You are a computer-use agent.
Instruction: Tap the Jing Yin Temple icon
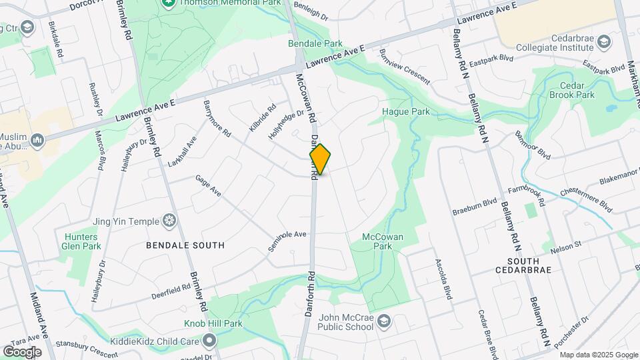click(x=170, y=221)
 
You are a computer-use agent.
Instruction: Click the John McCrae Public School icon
click(x=384, y=322)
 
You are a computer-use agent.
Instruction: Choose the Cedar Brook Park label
click(x=571, y=90)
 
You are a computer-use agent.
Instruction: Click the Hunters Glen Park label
click(x=82, y=241)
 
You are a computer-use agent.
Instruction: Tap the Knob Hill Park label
click(x=213, y=324)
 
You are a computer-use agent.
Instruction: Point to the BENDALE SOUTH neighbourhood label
click(x=185, y=245)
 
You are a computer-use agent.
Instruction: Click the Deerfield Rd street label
click(x=171, y=291)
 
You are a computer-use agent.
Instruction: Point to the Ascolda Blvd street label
click(x=443, y=279)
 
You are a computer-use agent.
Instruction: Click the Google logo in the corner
click(x=22, y=351)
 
